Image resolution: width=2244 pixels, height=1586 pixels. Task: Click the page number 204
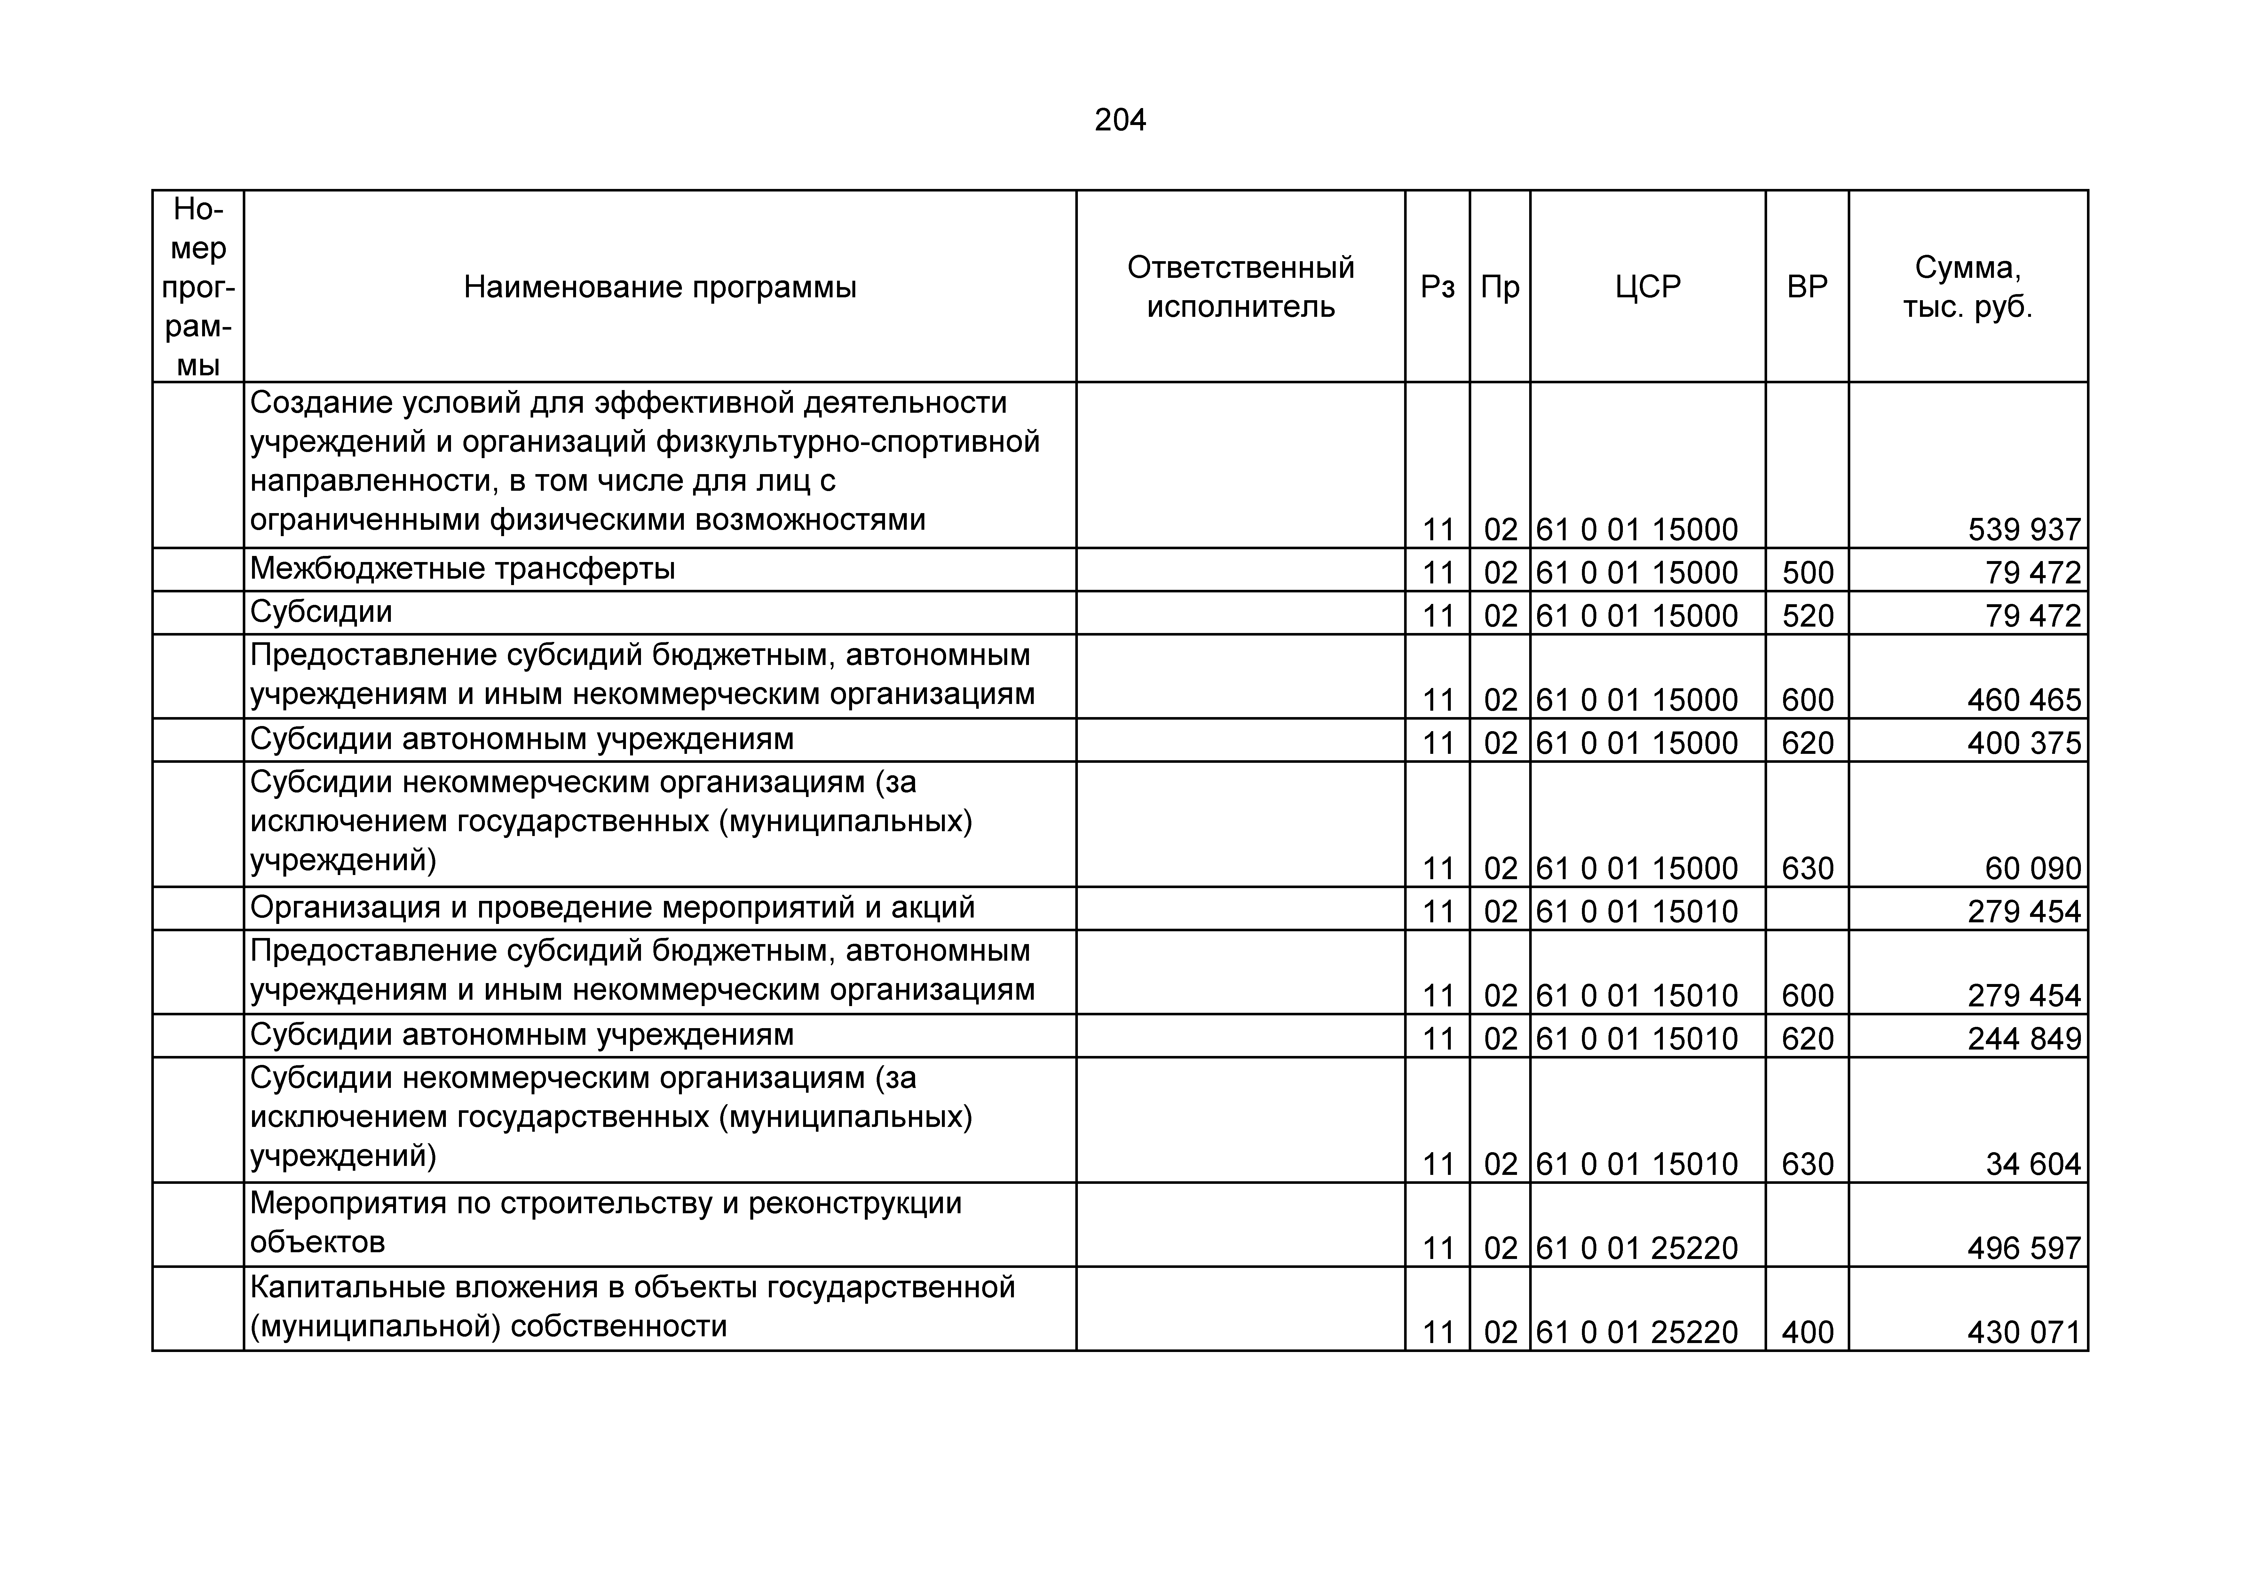1120,120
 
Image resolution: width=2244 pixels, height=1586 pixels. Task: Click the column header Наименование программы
660,287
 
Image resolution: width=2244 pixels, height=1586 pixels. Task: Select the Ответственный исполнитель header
1240,287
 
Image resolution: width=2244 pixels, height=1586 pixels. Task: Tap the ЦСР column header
1648,287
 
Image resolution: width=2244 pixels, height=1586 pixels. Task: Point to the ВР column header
1807,287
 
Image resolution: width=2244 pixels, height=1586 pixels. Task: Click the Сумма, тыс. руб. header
1967,287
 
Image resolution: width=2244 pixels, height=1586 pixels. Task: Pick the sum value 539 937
2024,530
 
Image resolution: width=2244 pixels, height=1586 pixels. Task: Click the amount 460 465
2024,700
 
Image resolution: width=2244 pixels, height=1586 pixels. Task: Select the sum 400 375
2024,743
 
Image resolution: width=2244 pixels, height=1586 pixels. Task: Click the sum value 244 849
2024,1038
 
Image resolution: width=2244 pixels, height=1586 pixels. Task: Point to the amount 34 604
2033,1164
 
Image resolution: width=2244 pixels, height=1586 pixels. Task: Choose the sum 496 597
2024,1248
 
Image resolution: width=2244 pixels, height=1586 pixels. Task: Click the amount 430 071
2024,1332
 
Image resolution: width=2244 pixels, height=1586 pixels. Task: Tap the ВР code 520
1807,616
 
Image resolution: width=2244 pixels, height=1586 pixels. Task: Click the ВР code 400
1807,1332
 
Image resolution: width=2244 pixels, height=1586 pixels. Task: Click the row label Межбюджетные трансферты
462,569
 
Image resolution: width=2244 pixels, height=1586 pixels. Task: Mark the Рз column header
1437,287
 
